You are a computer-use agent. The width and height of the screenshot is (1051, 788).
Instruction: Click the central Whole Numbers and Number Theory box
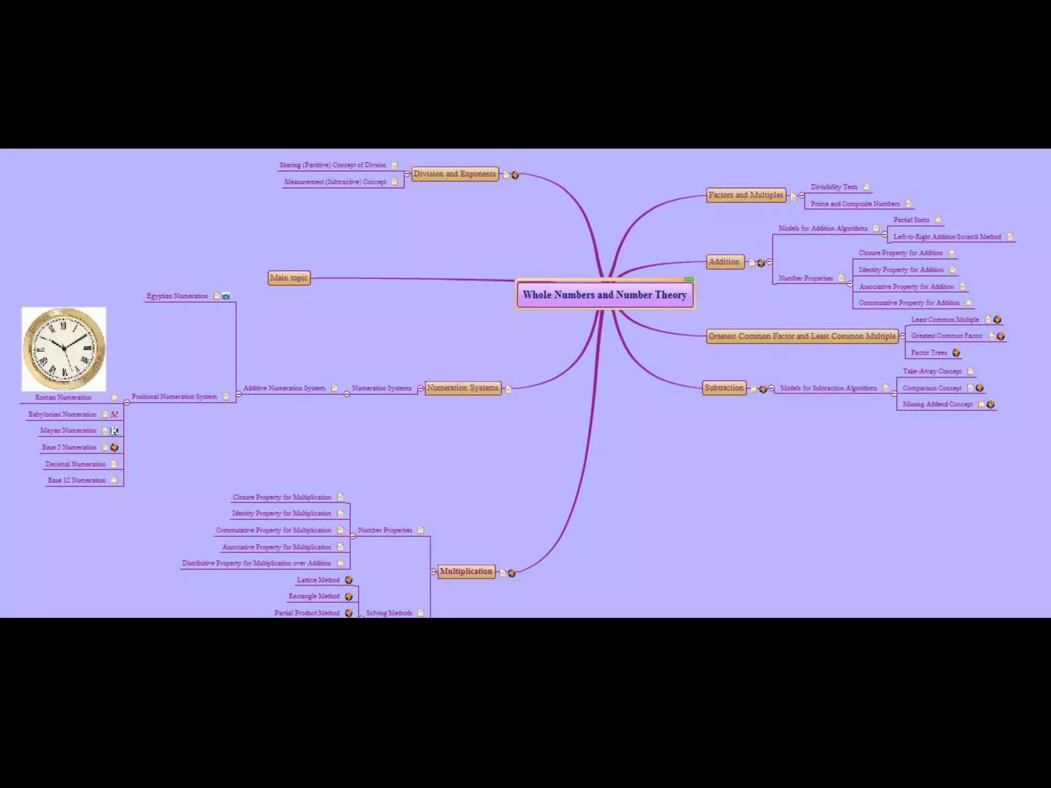(605, 294)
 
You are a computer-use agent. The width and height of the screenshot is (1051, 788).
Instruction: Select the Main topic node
(289, 278)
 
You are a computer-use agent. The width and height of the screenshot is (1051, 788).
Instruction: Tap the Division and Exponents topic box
(455, 174)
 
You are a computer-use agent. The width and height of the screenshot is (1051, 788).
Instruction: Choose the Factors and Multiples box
(746, 195)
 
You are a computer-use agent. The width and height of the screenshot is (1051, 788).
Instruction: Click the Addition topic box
(724, 262)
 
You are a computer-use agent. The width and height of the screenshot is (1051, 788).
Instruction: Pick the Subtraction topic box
(724, 388)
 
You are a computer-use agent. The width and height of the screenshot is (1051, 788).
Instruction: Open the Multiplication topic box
(466, 571)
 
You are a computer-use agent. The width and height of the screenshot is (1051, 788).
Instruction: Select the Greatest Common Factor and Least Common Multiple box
(802, 336)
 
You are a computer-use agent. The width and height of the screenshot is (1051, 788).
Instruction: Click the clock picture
(64, 349)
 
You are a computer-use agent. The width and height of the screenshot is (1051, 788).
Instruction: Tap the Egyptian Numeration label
(177, 296)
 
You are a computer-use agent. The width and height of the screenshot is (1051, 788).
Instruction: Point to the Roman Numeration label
(63, 397)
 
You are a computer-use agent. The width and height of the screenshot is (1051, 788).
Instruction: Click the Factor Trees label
(929, 352)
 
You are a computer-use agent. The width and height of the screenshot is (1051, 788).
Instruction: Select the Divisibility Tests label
(834, 187)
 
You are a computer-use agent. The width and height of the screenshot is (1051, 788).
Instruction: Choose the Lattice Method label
(318, 580)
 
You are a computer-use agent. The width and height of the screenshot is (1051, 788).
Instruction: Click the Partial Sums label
(911, 220)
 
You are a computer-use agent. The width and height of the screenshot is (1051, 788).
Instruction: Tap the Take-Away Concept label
(932, 371)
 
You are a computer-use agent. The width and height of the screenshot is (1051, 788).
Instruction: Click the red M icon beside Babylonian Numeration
(114, 414)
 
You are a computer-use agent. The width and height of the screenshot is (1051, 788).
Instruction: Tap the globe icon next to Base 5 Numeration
(114, 447)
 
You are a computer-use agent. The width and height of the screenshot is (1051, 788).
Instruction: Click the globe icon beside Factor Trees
(956, 352)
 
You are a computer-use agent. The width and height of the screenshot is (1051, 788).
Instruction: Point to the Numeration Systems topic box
(462, 388)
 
